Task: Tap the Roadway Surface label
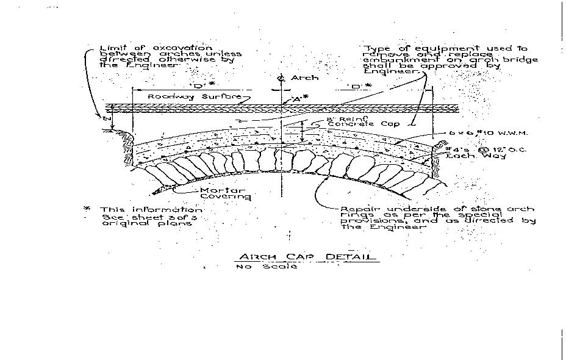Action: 190,96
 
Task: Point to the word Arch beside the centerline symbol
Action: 304,78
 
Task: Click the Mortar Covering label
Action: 225,193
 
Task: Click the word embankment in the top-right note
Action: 396,60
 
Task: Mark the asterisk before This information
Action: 87,209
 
